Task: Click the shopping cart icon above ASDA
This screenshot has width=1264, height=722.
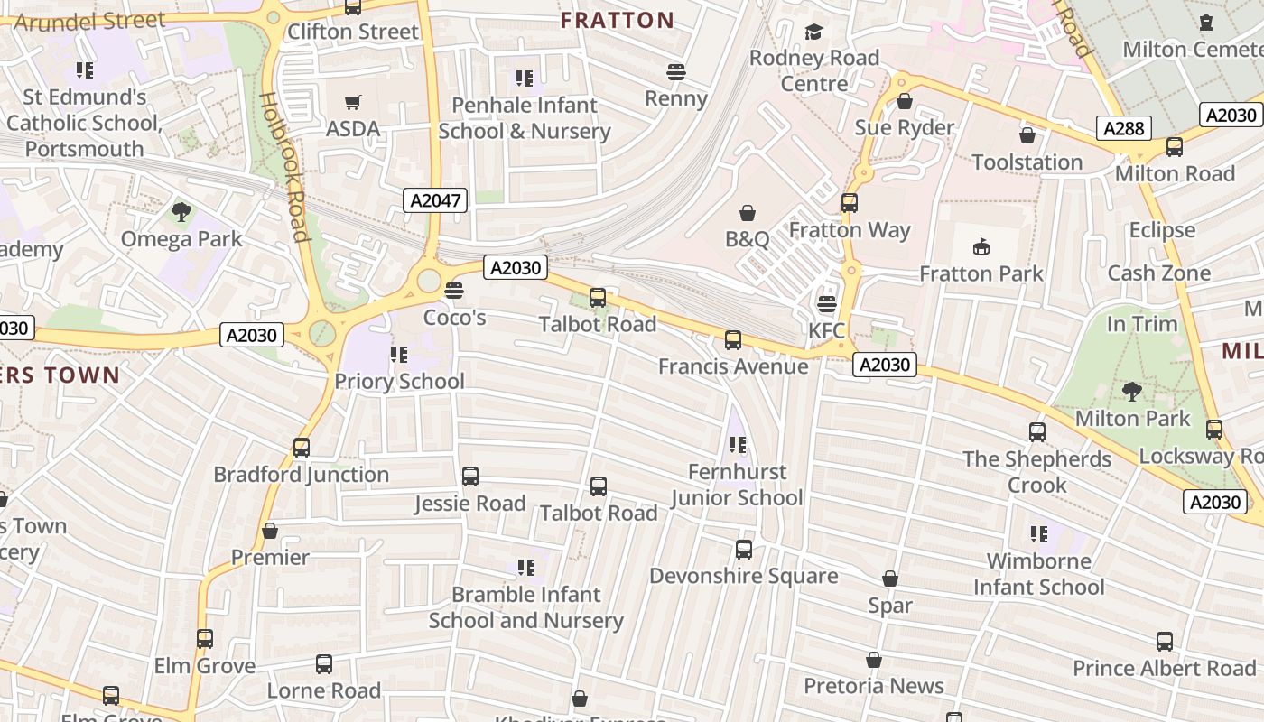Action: pyautogui.click(x=353, y=103)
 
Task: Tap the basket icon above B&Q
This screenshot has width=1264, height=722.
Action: pyautogui.click(x=748, y=213)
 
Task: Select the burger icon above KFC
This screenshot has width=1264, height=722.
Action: pyautogui.click(x=826, y=304)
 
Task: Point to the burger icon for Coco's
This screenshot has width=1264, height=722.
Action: pyautogui.click(x=454, y=291)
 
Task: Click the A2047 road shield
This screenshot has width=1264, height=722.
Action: pyautogui.click(x=435, y=200)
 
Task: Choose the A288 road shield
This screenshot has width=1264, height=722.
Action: pyautogui.click(x=1124, y=128)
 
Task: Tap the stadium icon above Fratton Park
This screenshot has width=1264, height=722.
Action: pyautogui.click(x=981, y=246)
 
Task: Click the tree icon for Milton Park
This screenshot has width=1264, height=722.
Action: pyautogui.click(x=1132, y=392)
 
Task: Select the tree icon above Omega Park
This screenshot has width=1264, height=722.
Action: pyautogui.click(x=181, y=213)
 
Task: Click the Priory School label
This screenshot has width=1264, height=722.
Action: pyautogui.click(x=399, y=381)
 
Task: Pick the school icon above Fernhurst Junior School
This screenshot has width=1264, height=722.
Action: pyautogui.click(x=738, y=445)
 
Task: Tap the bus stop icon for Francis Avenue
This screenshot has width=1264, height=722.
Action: pyautogui.click(x=733, y=340)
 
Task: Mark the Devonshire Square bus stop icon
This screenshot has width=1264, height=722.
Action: pyautogui.click(x=743, y=550)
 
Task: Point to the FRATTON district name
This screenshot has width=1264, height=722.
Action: pyautogui.click(x=618, y=21)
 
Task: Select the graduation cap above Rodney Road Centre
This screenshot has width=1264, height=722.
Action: pyautogui.click(x=814, y=32)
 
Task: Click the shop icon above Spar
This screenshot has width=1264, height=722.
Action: pyautogui.click(x=890, y=579)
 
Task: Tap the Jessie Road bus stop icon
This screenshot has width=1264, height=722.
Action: pyautogui.click(x=470, y=477)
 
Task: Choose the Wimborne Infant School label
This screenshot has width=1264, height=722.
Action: pyautogui.click(x=1038, y=574)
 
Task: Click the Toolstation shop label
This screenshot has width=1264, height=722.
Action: pyautogui.click(x=1027, y=162)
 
